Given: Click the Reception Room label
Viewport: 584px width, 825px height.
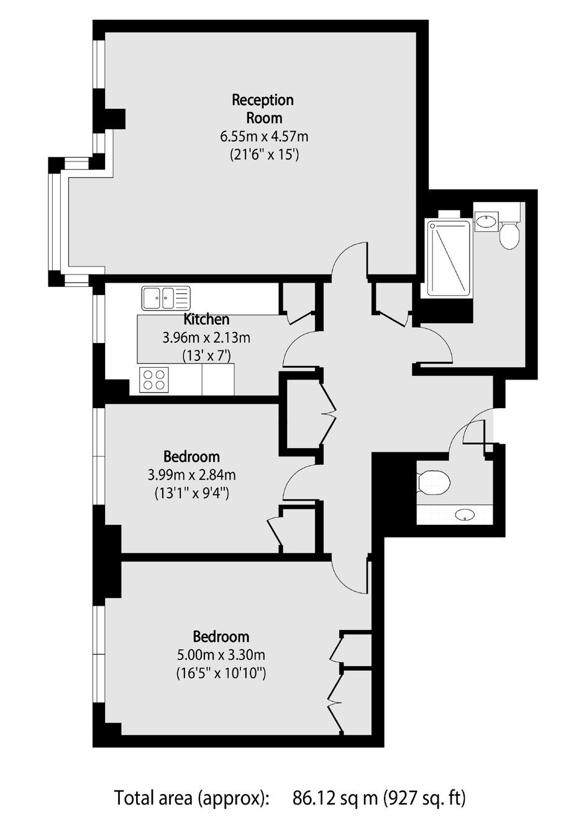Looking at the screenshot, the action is point(263,109).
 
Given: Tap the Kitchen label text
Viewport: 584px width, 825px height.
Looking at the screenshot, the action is point(206,319).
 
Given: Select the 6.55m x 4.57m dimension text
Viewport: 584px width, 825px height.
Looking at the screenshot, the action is point(264,137).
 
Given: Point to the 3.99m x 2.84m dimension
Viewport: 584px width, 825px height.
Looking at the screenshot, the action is point(191,475).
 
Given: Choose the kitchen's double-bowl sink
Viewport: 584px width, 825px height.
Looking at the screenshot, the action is point(166,298).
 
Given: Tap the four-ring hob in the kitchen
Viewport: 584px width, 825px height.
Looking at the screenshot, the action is point(154,380).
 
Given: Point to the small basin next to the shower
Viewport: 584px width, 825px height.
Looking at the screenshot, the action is point(486,221).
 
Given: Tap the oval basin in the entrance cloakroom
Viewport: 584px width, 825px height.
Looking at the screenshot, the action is point(465,514).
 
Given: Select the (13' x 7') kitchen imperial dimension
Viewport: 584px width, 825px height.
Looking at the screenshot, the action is point(206,356).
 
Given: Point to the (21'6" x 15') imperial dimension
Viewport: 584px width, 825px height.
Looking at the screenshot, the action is point(264,155).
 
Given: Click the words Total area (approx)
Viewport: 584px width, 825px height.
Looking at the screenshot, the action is point(193,796).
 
